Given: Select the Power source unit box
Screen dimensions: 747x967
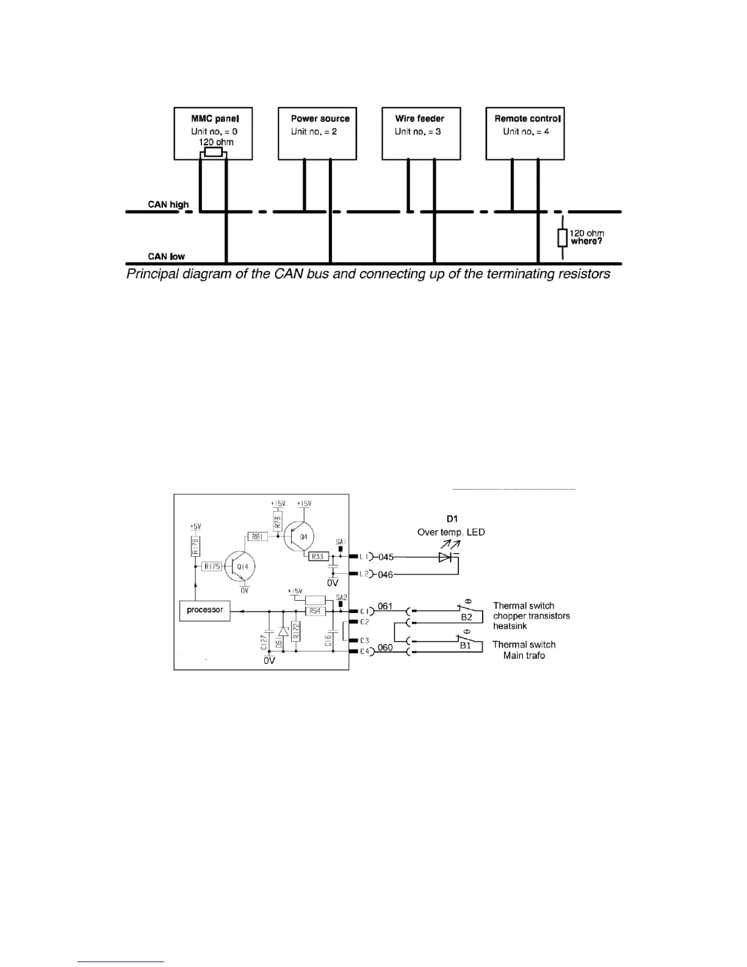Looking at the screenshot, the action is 317,134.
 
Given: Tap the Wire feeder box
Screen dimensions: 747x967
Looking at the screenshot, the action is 421,134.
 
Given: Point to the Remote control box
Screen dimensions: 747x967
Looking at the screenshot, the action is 525,134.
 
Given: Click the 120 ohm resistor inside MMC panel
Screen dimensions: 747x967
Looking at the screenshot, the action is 213,152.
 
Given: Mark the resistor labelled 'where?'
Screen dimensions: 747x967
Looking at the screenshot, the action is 562,238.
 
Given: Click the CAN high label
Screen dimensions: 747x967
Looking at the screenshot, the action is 168,205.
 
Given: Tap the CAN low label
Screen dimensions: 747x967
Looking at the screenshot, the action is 166,256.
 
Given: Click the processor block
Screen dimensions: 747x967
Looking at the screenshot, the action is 205,610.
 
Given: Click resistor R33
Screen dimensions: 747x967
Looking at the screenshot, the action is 319,557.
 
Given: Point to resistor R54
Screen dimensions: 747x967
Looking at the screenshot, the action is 315,611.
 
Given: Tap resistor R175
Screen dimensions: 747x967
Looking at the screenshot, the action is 212,567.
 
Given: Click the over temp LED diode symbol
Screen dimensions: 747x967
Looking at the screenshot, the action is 445,557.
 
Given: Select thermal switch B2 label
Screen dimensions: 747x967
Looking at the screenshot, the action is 466,617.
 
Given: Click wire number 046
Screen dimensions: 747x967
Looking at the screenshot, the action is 386,575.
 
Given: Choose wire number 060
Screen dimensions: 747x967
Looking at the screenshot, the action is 385,648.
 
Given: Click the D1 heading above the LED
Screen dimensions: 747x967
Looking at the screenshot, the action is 452,519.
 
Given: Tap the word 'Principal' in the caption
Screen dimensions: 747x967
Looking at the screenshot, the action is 153,274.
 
